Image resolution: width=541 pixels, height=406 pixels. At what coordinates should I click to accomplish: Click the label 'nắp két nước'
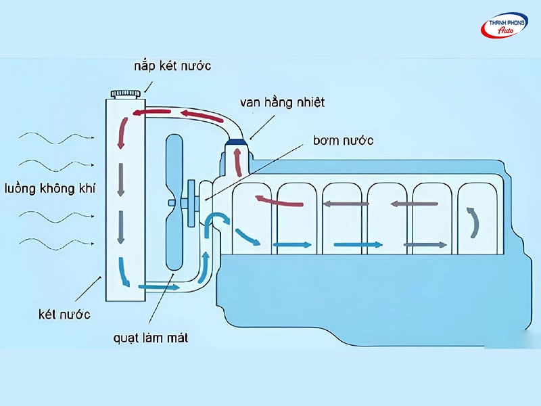coord(172,66)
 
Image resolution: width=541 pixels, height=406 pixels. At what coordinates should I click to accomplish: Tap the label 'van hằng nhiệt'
coord(282,102)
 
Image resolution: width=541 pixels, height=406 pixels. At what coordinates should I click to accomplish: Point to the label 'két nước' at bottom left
coord(64,314)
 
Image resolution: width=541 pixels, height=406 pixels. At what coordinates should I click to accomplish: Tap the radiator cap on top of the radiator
coord(126,92)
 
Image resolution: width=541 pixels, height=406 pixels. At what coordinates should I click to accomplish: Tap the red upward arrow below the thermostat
coord(237,162)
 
